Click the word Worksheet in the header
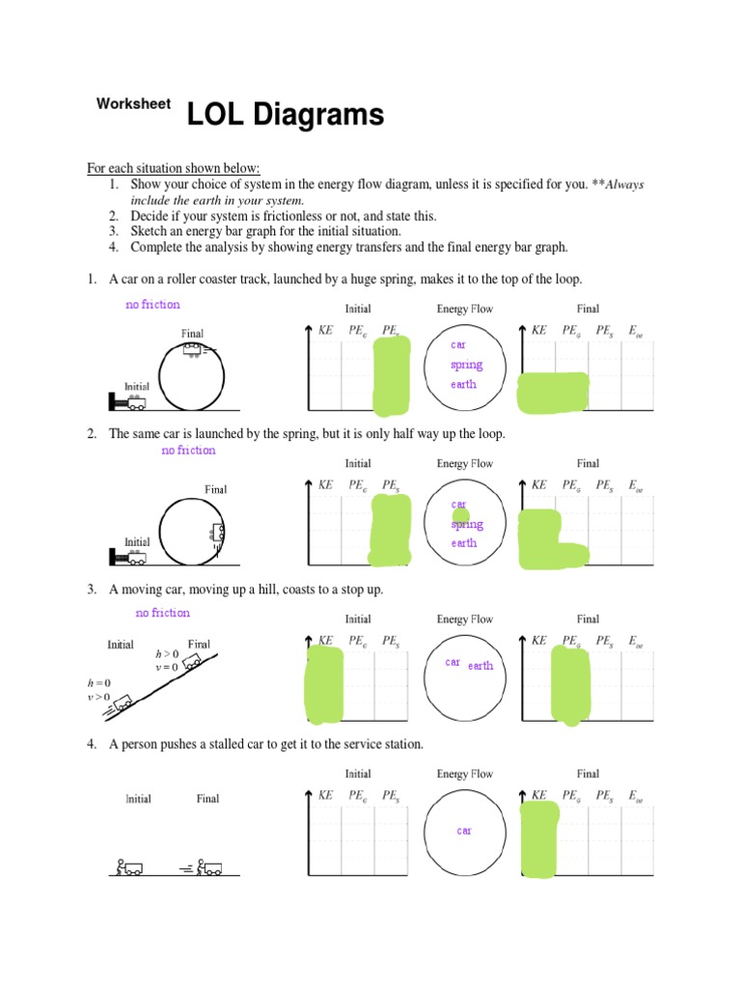coord(133,104)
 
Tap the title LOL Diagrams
coord(285,116)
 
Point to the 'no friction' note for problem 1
coord(152,305)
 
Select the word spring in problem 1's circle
coord(466,365)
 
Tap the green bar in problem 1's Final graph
coord(553,391)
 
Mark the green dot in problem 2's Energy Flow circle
coord(461,516)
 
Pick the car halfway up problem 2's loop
coord(218,533)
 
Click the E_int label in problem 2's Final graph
coord(636,485)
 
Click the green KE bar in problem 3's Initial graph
coord(324,684)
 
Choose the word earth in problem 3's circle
coord(480,665)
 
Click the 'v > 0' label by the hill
coord(99,697)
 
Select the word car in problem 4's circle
coord(464,831)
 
